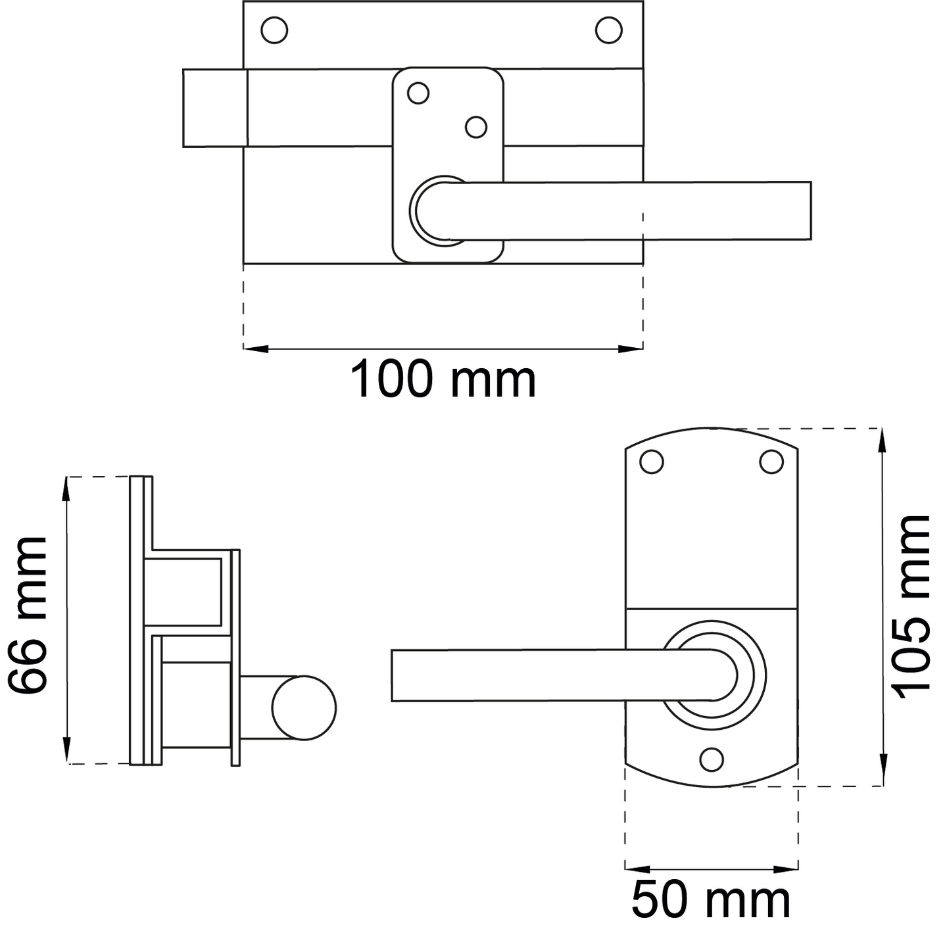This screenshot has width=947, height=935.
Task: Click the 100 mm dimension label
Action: click(443, 380)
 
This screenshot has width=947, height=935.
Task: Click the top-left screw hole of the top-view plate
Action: click(274, 30)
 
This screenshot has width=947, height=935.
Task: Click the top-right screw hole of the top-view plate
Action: click(609, 30)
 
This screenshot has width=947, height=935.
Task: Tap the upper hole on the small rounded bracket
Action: click(418, 93)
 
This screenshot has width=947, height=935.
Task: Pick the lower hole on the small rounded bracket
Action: click(475, 128)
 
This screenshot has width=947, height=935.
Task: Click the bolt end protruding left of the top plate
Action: click(215, 108)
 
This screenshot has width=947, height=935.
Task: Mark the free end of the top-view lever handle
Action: click(810, 211)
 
